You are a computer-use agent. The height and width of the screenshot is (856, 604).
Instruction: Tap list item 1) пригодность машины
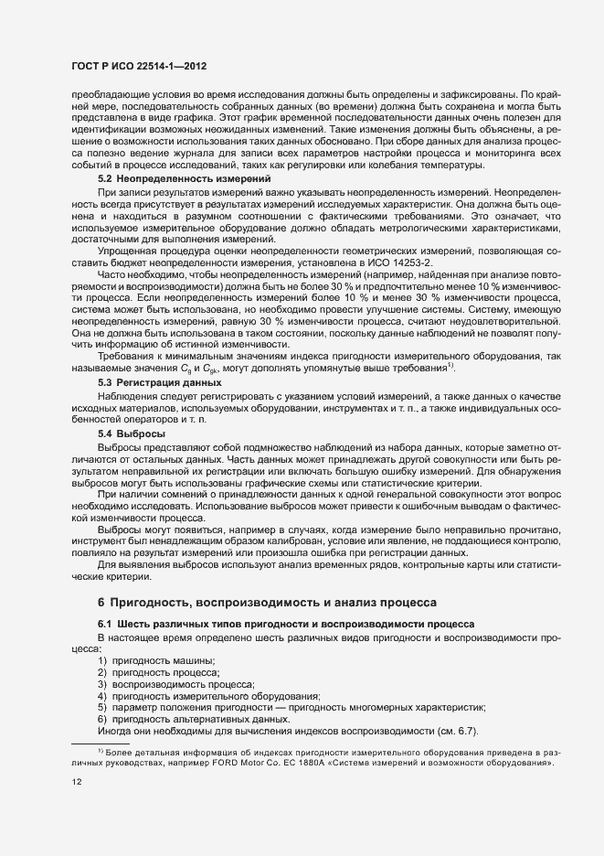click(155, 659)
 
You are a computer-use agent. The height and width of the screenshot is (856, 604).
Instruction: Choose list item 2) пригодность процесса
click(158, 671)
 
